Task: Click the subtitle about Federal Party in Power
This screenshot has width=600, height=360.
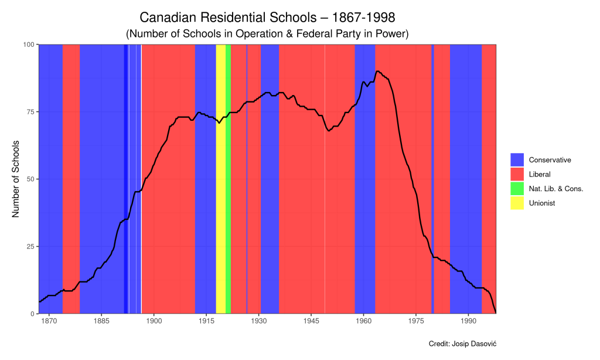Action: coord(267,34)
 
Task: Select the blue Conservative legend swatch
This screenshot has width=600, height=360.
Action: coord(517,159)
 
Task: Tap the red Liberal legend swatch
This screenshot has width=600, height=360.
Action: coord(517,174)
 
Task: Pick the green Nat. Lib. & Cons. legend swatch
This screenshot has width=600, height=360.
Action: coord(517,189)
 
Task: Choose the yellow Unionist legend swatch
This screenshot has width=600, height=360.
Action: coord(517,203)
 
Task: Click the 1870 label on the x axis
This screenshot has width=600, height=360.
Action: coord(49,321)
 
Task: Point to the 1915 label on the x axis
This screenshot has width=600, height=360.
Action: coord(206,321)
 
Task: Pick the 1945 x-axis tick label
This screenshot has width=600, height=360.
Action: coord(311,321)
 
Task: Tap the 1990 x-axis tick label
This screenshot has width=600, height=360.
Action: coord(469,321)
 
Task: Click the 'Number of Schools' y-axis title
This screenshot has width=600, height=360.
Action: coord(16,179)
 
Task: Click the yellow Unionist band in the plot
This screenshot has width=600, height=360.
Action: coord(220,176)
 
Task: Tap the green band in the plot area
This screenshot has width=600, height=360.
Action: coord(228,176)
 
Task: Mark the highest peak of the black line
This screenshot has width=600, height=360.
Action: coord(378,71)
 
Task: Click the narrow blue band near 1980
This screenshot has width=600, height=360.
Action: coord(432,176)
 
